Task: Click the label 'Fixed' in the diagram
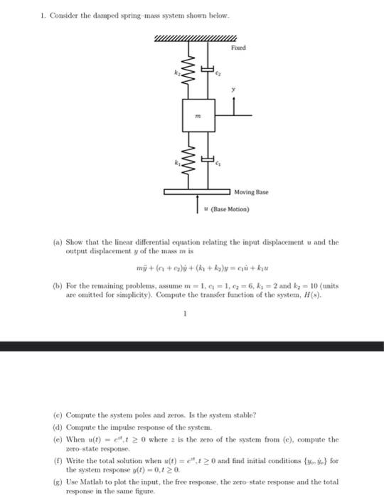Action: point(238,48)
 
